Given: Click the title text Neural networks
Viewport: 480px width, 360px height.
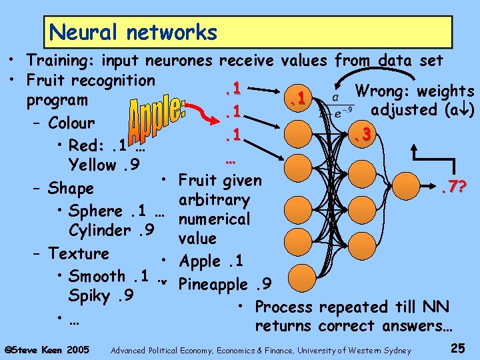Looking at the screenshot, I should tap(133, 32).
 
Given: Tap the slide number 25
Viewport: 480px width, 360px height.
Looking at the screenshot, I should tap(458, 348).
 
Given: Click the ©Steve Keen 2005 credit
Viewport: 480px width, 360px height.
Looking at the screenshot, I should tap(47, 349).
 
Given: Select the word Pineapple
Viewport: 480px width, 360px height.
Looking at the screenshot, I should tap(215, 285).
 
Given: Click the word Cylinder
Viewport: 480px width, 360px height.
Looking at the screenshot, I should tap(100, 231).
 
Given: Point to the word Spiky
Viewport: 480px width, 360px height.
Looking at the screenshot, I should tap(91, 295).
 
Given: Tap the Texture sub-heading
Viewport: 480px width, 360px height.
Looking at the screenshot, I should tap(79, 253).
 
